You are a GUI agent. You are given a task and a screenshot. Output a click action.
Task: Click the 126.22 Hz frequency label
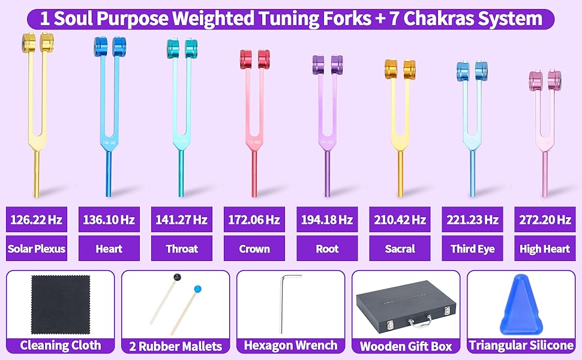36,220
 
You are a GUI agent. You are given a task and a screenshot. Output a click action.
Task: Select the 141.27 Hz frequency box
182,220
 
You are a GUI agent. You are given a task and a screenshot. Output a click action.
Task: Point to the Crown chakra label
254,248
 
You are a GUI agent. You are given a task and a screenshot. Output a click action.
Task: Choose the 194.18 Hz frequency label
327,220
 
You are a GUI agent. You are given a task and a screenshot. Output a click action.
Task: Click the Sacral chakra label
400,248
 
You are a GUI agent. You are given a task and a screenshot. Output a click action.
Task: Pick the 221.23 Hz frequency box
472,220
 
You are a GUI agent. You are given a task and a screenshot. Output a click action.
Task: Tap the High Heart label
545,248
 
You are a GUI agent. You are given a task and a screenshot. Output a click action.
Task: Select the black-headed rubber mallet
177,278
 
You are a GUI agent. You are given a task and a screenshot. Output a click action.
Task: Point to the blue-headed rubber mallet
196,289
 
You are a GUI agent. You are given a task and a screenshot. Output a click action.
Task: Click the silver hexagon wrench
283,303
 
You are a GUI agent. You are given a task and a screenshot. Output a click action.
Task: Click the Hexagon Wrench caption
291,346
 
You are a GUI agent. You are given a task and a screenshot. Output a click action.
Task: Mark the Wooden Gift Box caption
406,346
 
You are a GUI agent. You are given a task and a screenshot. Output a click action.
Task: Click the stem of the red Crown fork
254,174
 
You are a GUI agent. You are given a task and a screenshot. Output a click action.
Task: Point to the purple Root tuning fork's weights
327,63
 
